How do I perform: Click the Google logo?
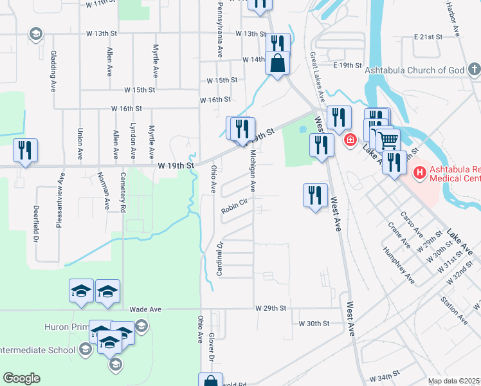(x=22, y=378)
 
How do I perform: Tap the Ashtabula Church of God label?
(x=414, y=70)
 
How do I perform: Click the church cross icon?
(x=473, y=68)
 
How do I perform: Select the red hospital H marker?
(x=420, y=172)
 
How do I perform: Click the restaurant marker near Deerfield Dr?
(x=26, y=151)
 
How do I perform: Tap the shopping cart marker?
(x=388, y=139)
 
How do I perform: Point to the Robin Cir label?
(x=234, y=208)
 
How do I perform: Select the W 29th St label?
(x=269, y=309)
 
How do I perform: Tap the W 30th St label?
(x=313, y=323)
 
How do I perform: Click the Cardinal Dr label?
(x=219, y=259)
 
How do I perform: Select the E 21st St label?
(x=428, y=37)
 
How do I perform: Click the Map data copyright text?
(x=454, y=381)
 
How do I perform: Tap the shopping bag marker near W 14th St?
(x=277, y=64)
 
